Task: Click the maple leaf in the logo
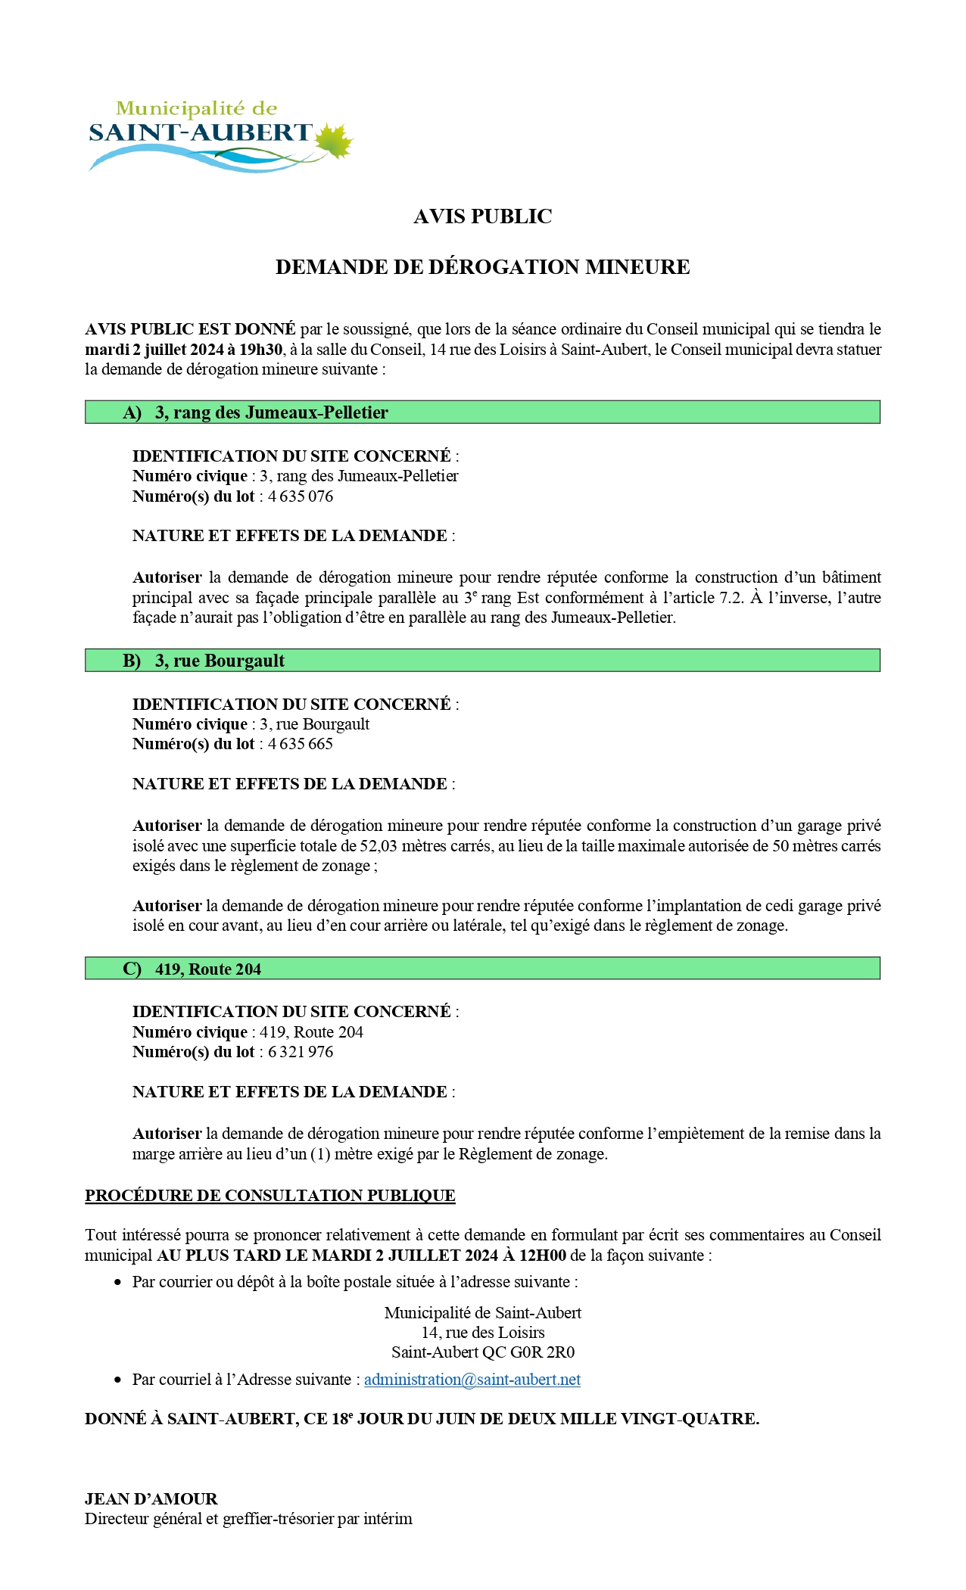click(334, 141)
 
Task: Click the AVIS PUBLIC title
click(482, 216)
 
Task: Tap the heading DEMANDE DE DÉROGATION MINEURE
click(482, 267)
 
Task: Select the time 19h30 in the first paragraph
click(262, 350)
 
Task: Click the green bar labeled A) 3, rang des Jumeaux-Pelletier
click(482, 412)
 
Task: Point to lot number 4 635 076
click(300, 496)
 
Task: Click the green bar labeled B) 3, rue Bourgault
click(482, 661)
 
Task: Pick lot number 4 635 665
click(300, 744)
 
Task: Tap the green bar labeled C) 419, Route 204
click(482, 969)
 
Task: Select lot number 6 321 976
click(300, 1052)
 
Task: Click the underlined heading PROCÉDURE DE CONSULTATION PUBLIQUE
click(270, 1196)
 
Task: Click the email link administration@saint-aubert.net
click(472, 1380)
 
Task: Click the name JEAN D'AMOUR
click(151, 1499)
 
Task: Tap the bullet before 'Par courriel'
click(117, 1380)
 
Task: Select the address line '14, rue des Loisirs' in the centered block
click(483, 1333)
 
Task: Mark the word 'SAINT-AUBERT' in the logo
click(201, 133)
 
